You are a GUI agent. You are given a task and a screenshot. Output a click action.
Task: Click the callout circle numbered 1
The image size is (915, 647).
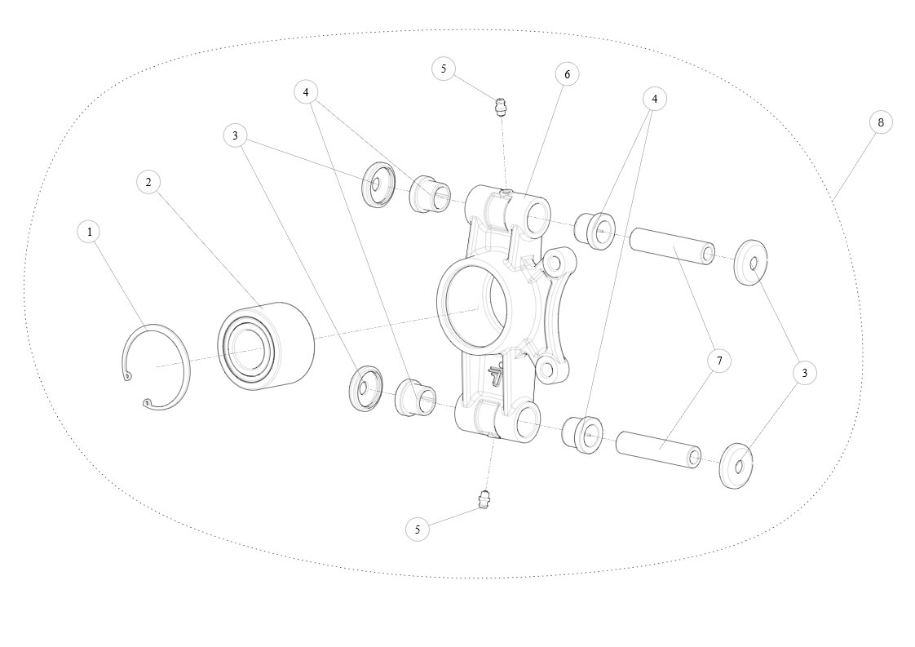pyautogui.click(x=89, y=232)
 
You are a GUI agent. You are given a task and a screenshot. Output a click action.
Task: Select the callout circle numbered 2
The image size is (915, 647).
pyautogui.click(x=148, y=182)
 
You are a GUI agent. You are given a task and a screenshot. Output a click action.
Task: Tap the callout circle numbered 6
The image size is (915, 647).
pyautogui.click(x=567, y=74)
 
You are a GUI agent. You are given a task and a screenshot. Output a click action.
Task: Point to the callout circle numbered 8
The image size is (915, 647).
pyautogui.click(x=881, y=122)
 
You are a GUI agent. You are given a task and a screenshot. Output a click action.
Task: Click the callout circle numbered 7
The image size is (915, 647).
pyautogui.click(x=719, y=361)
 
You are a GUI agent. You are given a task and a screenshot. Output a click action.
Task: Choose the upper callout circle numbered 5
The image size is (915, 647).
pyautogui.click(x=444, y=69)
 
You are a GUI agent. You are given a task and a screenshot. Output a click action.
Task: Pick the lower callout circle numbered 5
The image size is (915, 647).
pyautogui.click(x=418, y=530)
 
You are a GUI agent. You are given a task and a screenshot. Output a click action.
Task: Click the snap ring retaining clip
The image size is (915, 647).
pyautogui.click(x=157, y=366)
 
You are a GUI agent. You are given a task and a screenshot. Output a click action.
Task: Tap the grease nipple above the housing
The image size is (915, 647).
pyautogui.click(x=500, y=108)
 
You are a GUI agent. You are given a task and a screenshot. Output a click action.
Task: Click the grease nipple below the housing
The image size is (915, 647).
pyautogui.click(x=483, y=499)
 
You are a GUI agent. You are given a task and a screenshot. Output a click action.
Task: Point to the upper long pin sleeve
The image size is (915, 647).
pyautogui.click(x=672, y=246)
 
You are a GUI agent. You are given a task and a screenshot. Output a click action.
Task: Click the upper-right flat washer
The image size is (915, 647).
pyautogui.click(x=751, y=262)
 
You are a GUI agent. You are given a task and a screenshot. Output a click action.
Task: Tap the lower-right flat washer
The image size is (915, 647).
pyautogui.click(x=737, y=466)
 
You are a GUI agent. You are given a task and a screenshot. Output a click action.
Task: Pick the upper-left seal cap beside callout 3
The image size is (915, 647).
pyautogui.click(x=379, y=185)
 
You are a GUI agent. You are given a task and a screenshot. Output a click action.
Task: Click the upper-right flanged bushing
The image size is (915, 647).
pyautogui.click(x=595, y=231)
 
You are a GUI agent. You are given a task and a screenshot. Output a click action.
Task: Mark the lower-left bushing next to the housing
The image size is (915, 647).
pyautogui.click(x=415, y=398)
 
